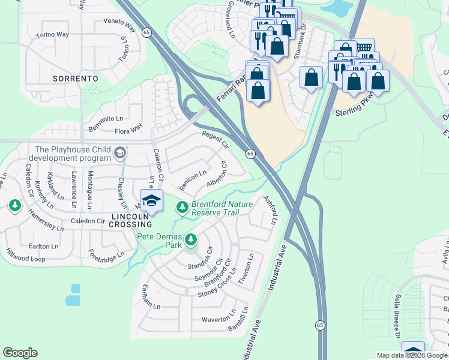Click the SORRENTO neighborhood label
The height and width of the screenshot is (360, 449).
[75, 79]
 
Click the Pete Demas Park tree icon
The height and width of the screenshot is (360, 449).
[191, 241]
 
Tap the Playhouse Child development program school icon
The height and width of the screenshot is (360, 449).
[120, 154]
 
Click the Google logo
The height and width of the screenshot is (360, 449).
[20, 353]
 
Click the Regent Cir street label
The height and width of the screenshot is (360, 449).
[215, 140]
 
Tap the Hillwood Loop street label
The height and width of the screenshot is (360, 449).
[25, 254]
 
